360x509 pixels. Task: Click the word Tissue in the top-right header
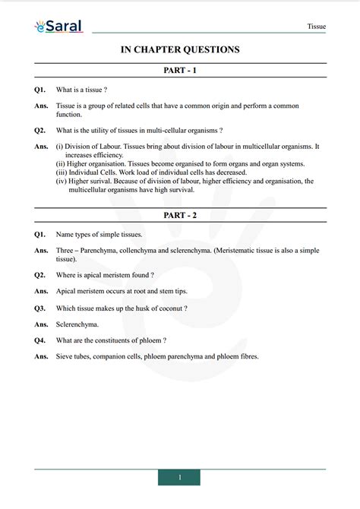click(x=316, y=26)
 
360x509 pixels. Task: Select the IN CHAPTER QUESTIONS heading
click(x=180, y=49)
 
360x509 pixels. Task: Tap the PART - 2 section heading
click(x=180, y=216)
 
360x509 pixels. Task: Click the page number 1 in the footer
click(x=179, y=477)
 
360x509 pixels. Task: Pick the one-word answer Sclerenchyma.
click(x=77, y=324)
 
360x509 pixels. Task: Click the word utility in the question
click(x=104, y=130)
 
